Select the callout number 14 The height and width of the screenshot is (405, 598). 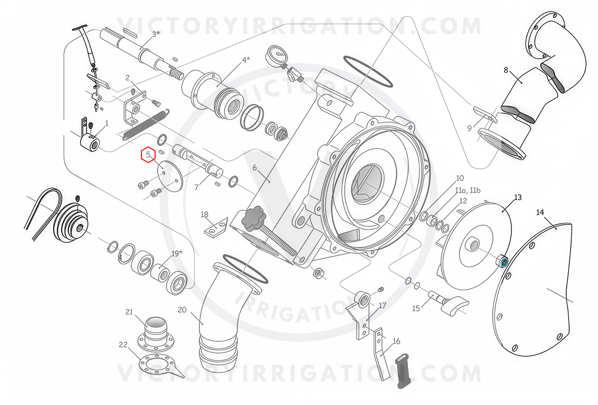click(x=540, y=212)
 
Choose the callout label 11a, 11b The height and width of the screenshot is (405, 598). click(x=468, y=191)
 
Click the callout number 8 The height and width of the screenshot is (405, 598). click(x=506, y=70)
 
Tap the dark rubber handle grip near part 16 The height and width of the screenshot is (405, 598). click(x=404, y=371)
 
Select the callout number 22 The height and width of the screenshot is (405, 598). click(x=123, y=345)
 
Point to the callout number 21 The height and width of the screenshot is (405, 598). click(x=129, y=312)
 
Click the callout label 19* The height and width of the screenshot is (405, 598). click(x=177, y=253)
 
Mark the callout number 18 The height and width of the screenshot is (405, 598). click(x=204, y=214)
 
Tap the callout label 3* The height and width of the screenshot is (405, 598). click(x=156, y=34)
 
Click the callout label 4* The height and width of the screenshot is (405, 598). click(x=246, y=60)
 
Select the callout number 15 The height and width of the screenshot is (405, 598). click(x=416, y=308)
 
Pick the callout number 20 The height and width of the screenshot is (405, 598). click(x=182, y=310)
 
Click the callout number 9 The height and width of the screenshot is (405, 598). click(x=470, y=128)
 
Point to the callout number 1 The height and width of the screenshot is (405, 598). click(x=107, y=123)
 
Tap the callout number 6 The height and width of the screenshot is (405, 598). click(x=254, y=168)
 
